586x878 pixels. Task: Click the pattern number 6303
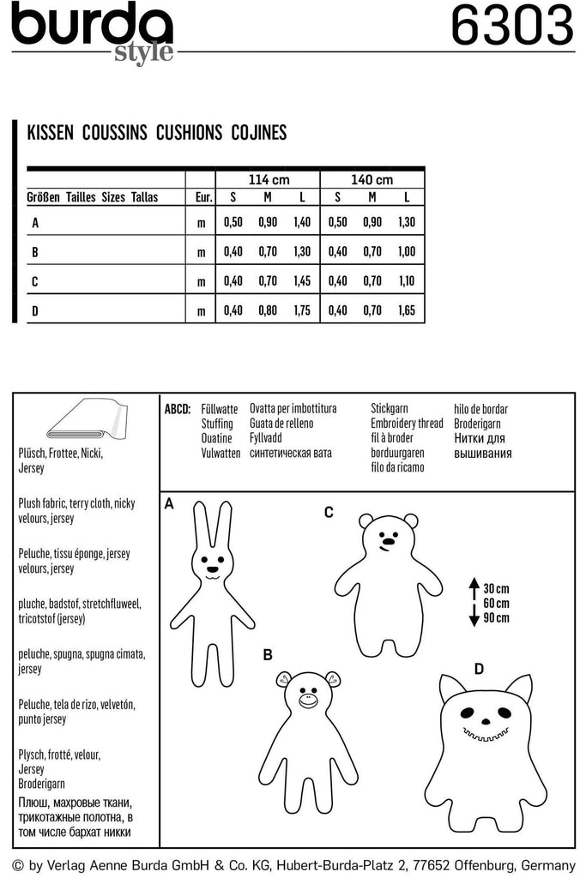(x=511, y=27)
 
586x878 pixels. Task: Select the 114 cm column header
(x=269, y=180)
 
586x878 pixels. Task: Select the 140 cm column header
(x=372, y=180)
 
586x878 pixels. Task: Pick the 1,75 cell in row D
(x=302, y=310)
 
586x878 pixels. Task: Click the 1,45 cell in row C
(x=302, y=280)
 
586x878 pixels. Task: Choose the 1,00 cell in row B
(x=407, y=251)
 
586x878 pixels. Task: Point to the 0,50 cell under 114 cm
(x=233, y=222)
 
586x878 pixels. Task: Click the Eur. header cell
(x=203, y=197)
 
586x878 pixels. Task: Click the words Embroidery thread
(x=407, y=424)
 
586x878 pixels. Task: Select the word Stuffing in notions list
(x=216, y=424)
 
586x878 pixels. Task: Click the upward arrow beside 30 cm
(x=473, y=589)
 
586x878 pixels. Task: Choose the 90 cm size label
(x=496, y=618)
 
